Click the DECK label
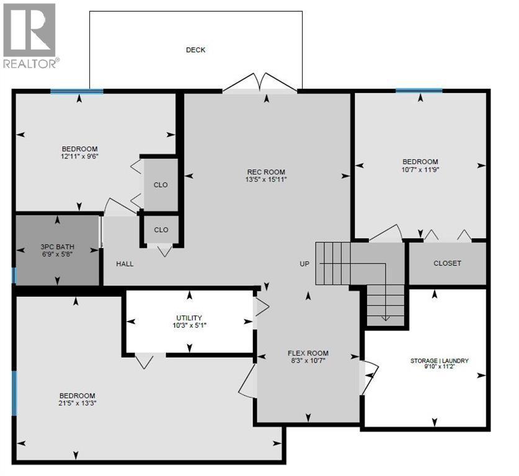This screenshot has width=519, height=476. (x=195, y=50)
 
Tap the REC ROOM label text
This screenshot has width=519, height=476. (x=266, y=172)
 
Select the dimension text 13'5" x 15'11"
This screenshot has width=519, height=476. (x=266, y=180)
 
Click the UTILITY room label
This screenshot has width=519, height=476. (x=189, y=318)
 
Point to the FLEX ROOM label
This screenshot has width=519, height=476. (x=308, y=353)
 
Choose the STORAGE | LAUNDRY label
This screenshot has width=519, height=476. (x=440, y=361)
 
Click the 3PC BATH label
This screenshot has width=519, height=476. (x=58, y=247)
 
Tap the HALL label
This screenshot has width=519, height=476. (x=125, y=264)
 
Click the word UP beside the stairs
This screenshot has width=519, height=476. (x=304, y=264)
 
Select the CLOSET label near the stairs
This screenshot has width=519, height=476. (x=447, y=263)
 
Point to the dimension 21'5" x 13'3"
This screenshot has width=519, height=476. (x=77, y=403)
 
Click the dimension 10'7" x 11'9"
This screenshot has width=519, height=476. (x=420, y=170)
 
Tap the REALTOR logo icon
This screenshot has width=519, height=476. (x=29, y=30)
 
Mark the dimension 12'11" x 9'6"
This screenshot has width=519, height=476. (x=79, y=156)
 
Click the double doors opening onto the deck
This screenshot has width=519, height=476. (x=260, y=82)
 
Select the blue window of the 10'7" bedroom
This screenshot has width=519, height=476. (x=419, y=90)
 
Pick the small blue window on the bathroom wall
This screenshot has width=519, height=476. (x=14, y=276)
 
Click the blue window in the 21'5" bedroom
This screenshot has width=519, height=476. (x=14, y=393)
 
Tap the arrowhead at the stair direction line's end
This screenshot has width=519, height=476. (x=385, y=319)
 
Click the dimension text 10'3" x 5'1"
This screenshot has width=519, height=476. (x=189, y=325)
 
